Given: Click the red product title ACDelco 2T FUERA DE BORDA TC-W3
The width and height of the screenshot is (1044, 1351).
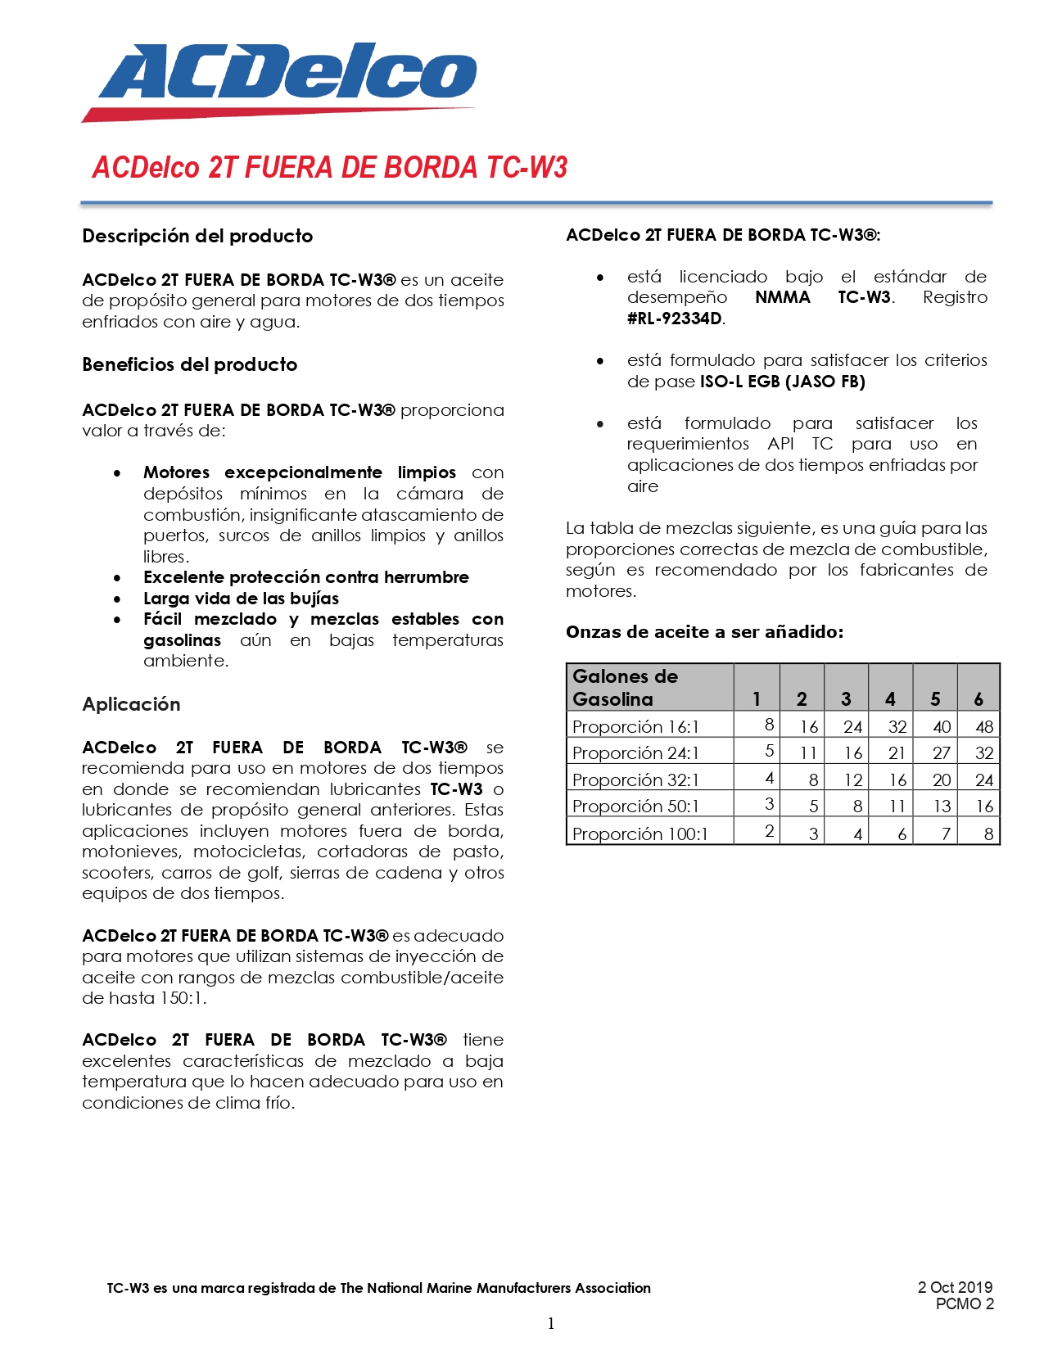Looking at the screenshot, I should (329, 167).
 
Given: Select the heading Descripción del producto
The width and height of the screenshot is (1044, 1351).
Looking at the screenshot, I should (197, 236).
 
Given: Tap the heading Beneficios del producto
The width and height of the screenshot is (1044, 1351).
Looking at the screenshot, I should (189, 364).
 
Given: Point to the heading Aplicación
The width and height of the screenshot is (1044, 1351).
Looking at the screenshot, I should (131, 704).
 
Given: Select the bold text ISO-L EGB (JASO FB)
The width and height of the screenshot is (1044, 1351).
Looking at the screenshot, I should (782, 382).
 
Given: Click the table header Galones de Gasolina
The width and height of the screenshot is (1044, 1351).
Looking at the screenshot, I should (625, 687).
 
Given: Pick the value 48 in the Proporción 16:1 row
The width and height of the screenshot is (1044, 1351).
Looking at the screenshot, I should (984, 726).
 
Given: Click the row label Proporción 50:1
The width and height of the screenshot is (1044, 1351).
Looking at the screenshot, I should (635, 807).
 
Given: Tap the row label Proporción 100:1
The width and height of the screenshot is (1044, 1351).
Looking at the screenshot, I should (640, 834).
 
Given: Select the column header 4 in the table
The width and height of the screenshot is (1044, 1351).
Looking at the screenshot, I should (890, 698).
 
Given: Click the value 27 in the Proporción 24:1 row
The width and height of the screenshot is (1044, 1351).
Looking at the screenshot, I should (942, 752).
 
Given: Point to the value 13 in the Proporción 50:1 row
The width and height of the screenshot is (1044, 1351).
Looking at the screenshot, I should (942, 807).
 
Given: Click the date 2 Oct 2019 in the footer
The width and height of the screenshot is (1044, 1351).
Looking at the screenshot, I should (955, 1287).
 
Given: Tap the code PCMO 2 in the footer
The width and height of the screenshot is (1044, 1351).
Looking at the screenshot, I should (965, 1304).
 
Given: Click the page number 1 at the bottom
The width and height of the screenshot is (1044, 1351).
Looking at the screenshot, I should (551, 1323).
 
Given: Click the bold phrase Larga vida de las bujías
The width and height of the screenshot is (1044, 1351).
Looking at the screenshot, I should (241, 599).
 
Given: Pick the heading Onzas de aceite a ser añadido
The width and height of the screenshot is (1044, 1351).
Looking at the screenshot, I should (704, 632).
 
